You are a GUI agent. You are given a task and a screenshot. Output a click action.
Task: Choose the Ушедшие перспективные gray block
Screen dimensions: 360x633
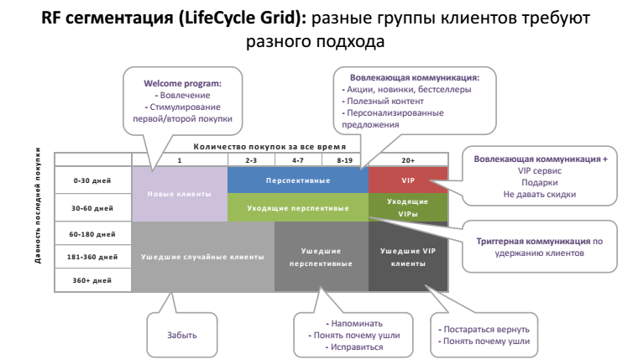(x=322, y=257)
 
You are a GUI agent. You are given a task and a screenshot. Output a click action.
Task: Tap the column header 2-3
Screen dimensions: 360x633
(x=251, y=159)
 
